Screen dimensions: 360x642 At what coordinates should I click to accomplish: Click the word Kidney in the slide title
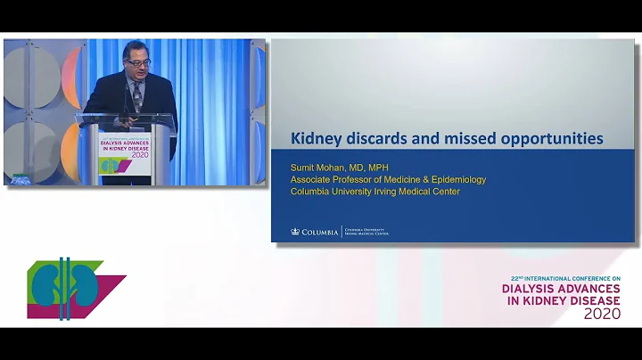click(x=317, y=139)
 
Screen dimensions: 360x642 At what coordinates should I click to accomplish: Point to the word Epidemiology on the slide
click(x=454, y=179)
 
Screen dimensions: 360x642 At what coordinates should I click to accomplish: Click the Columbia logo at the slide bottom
click(x=315, y=232)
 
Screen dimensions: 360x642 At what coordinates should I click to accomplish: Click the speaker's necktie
click(x=137, y=94)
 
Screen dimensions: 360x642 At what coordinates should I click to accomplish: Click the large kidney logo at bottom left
click(x=65, y=288)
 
